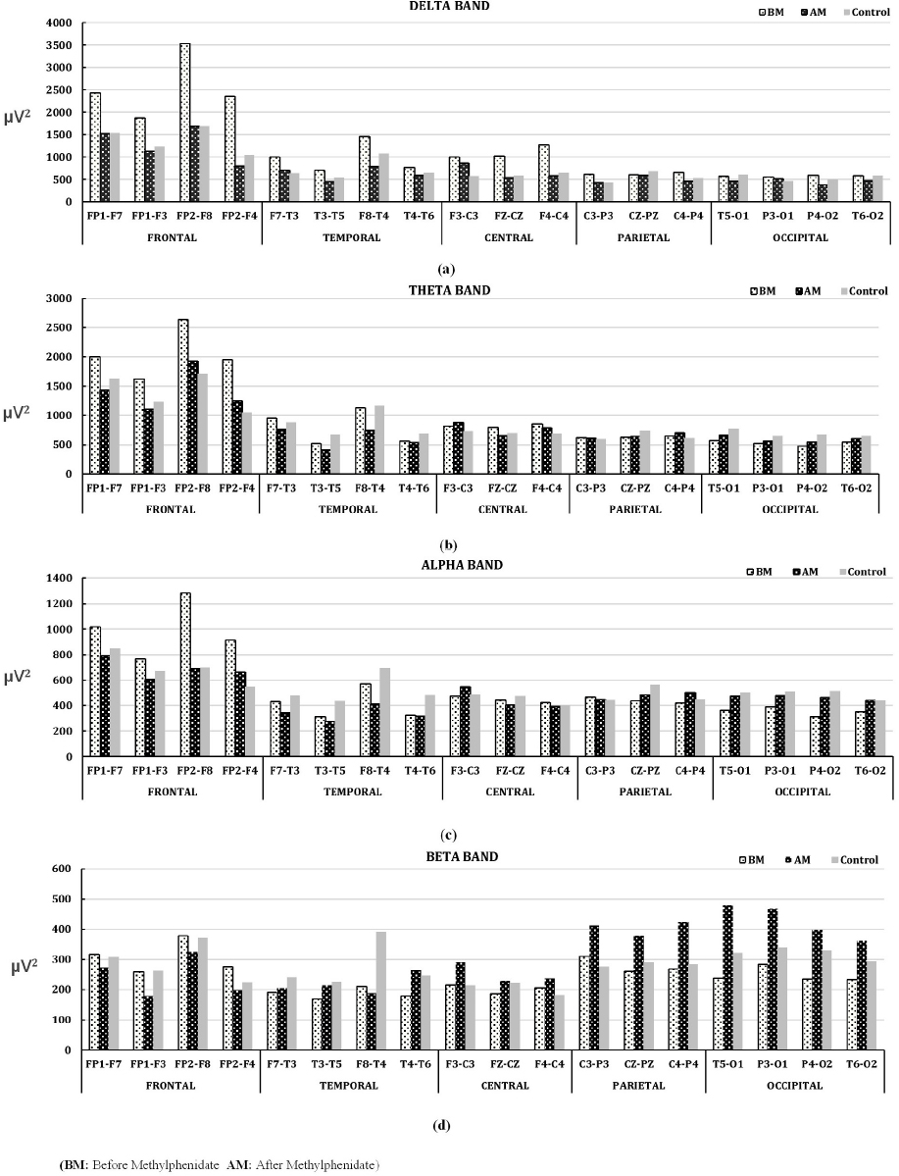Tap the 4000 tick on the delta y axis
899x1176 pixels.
coord(58,23)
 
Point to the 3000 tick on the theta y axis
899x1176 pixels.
coord(58,298)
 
